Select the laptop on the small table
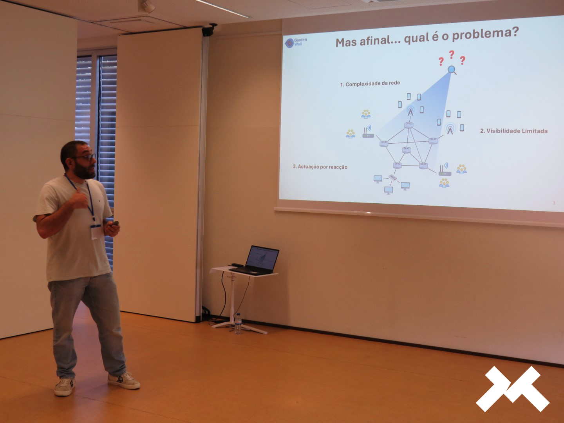coord(257,261)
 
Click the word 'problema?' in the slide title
coord(485,35)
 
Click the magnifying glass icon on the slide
coord(452,70)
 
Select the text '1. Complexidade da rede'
coord(370,84)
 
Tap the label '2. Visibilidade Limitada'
coord(513,131)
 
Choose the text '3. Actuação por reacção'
coord(320,167)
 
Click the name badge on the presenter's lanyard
coord(95,231)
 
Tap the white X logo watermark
coord(513,389)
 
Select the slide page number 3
coord(554,203)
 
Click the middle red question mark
coord(452,54)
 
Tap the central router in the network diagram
coord(406,150)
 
